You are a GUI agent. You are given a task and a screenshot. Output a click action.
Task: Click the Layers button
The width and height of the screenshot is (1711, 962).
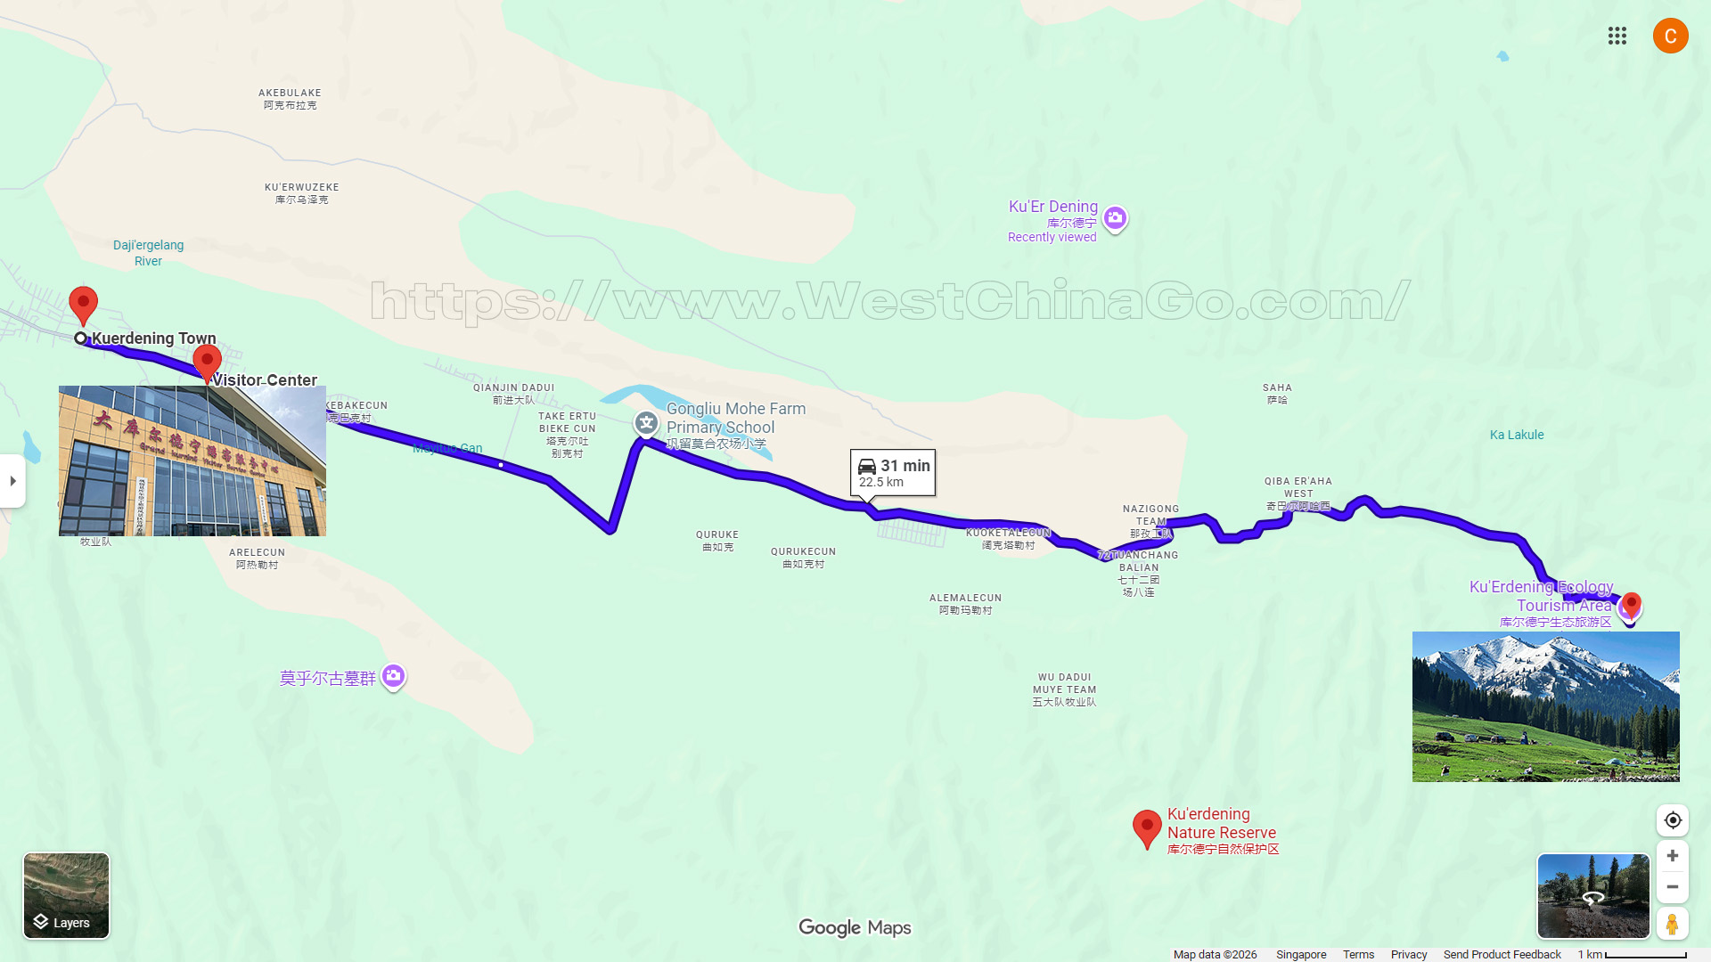[66, 895]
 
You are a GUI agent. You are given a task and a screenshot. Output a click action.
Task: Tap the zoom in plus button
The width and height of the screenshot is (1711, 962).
[1672, 856]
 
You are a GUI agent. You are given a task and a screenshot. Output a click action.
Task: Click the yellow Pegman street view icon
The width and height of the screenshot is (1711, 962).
[1672, 924]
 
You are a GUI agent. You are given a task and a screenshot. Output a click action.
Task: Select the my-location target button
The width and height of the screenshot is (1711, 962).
[1672, 820]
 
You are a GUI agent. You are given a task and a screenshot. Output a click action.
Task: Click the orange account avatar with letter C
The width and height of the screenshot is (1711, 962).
[1670, 36]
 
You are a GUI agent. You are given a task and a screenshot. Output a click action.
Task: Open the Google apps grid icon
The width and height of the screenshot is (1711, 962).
[1617, 36]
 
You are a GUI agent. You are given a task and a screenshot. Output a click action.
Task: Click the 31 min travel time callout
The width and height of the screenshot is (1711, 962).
[893, 472]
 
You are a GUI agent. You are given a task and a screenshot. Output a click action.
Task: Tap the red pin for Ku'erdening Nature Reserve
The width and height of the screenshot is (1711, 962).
[1146, 827]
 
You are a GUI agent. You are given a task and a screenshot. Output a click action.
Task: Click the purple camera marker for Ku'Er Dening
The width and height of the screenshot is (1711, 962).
[1115, 218]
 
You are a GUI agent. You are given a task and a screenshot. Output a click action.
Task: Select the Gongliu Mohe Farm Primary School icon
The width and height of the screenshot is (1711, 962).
[646, 422]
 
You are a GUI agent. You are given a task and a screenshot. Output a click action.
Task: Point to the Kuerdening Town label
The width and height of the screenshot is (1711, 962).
[153, 338]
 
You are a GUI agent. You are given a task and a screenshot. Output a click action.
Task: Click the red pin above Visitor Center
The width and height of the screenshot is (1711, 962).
[207, 362]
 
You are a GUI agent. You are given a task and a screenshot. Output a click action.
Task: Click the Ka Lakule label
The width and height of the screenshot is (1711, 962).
[1516, 435]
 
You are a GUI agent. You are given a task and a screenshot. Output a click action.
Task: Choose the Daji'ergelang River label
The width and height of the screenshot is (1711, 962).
[148, 253]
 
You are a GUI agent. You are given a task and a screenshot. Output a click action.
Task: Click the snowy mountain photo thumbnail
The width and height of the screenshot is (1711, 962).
[1545, 706]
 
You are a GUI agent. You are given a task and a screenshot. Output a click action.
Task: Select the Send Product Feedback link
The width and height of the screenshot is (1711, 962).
[1502, 954]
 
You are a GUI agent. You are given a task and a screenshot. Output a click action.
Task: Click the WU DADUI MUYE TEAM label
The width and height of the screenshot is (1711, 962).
[1064, 689]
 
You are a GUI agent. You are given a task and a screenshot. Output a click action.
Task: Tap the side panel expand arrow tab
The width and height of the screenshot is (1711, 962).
[12, 481]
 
